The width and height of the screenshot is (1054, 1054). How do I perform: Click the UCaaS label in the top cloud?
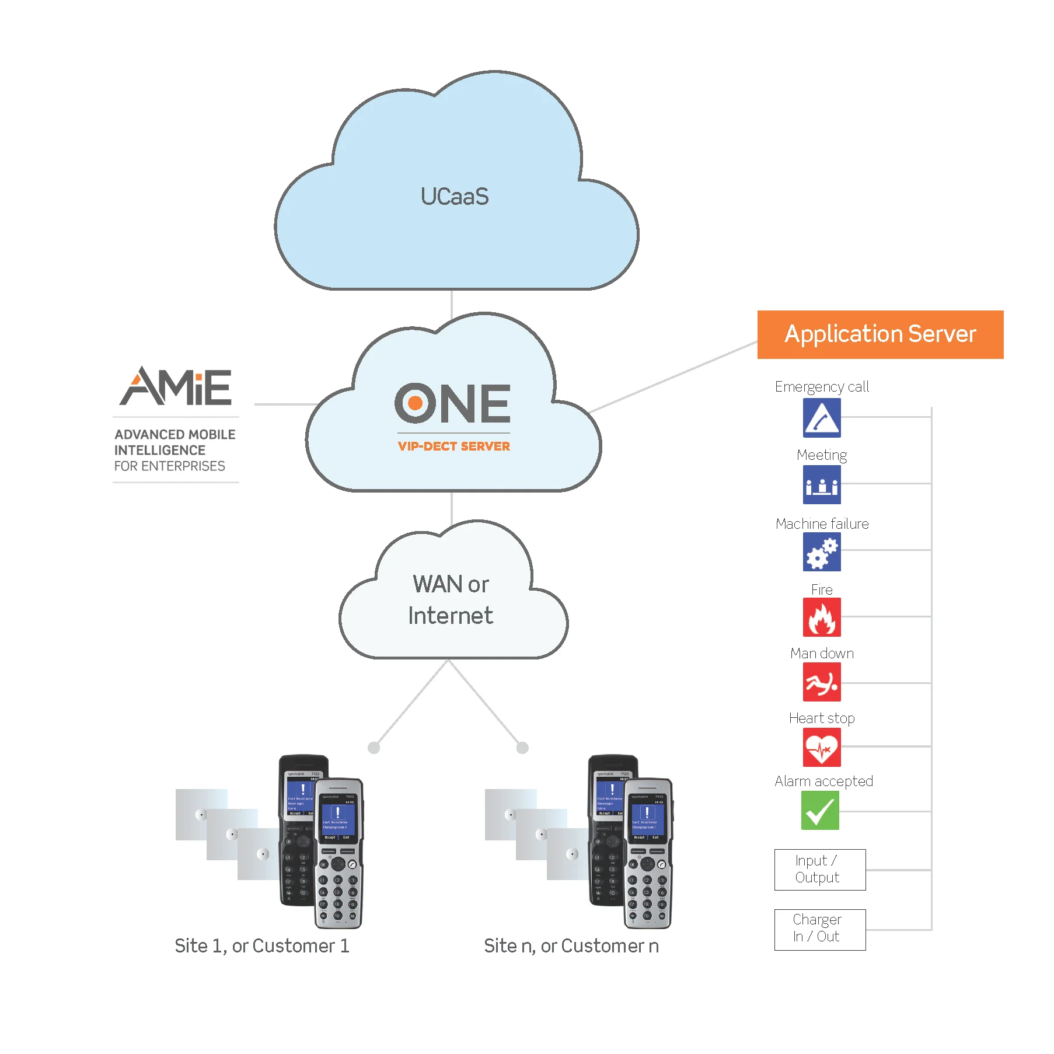pos(454,197)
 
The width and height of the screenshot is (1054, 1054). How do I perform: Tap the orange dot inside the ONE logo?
pos(415,403)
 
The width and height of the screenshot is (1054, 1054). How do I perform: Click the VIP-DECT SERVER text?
pos(453,446)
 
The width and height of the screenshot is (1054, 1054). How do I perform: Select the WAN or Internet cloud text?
pos(451,599)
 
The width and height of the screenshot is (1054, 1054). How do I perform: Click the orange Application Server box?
pos(880,334)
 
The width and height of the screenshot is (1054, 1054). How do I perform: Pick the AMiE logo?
pos(176,386)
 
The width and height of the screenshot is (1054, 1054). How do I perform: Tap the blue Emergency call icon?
pos(821,418)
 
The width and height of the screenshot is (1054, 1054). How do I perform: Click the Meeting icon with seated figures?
pos(821,484)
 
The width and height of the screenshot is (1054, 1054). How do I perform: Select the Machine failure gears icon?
pos(821,552)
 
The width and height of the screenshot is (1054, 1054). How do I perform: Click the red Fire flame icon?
pos(821,617)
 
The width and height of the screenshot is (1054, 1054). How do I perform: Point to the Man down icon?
pos(821,682)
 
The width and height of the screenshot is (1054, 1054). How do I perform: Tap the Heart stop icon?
pos(821,748)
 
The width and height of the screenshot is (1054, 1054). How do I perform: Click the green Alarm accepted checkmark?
pos(820,811)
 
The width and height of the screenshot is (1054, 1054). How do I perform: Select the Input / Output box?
pos(819,870)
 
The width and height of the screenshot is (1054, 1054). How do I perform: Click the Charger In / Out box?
pos(819,929)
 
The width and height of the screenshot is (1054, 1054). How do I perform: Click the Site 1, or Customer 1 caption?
pos(262,945)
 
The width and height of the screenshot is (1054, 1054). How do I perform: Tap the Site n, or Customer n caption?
pos(571,945)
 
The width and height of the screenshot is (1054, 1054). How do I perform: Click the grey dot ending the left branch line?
pos(374,748)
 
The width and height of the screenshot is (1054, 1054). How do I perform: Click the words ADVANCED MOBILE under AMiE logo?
pos(174,435)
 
